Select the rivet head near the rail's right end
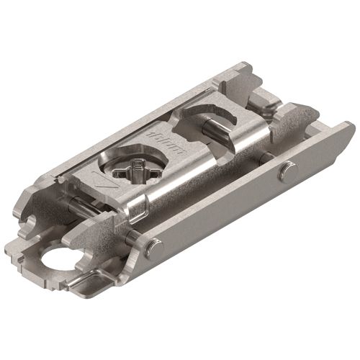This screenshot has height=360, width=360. [x=288, y=171]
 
